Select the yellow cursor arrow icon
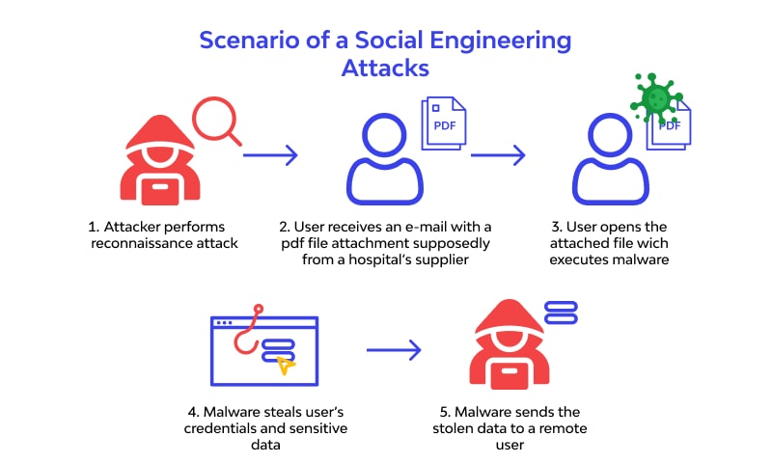285,365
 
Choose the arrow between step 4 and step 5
395,350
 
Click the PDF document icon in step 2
442,126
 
